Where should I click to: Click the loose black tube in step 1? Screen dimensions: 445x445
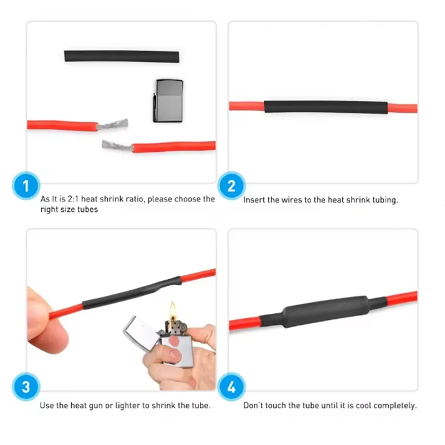[x=122, y=57]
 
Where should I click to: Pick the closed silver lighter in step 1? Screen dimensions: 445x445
[x=168, y=100]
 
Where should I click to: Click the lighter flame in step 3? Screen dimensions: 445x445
[x=173, y=309]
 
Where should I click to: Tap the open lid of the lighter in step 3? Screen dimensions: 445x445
[x=136, y=330]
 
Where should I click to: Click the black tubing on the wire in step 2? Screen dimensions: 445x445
[x=325, y=107]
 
